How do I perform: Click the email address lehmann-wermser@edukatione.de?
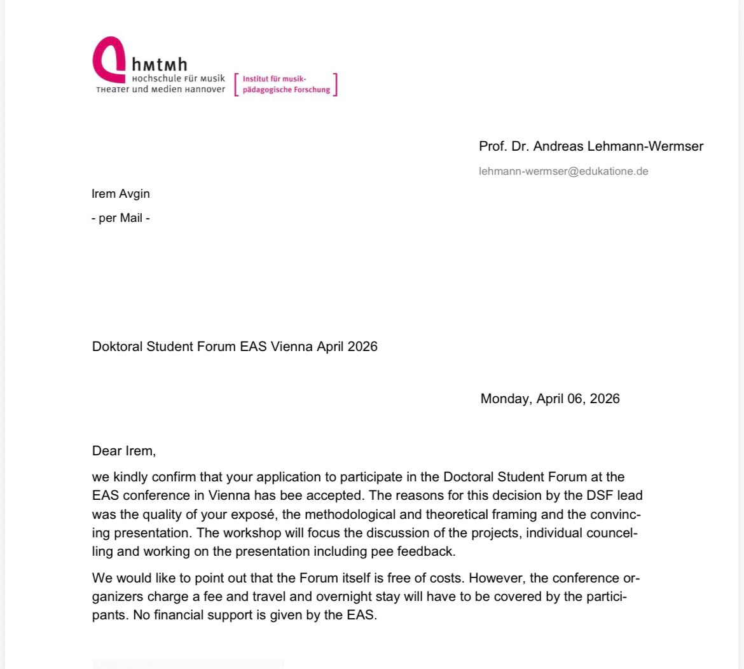[x=563, y=171]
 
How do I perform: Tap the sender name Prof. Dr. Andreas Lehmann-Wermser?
[x=591, y=146]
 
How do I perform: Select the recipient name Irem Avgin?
[x=121, y=193]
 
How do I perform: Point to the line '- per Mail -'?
[x=121, y=217]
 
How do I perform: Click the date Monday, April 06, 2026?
[x=550, y=399]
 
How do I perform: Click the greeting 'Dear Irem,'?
[x=124, y=451]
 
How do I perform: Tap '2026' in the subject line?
[x=362, y=347]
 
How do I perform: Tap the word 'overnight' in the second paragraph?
[x=341, y=597]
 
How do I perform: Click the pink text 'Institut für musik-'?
[x=275, y=79]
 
